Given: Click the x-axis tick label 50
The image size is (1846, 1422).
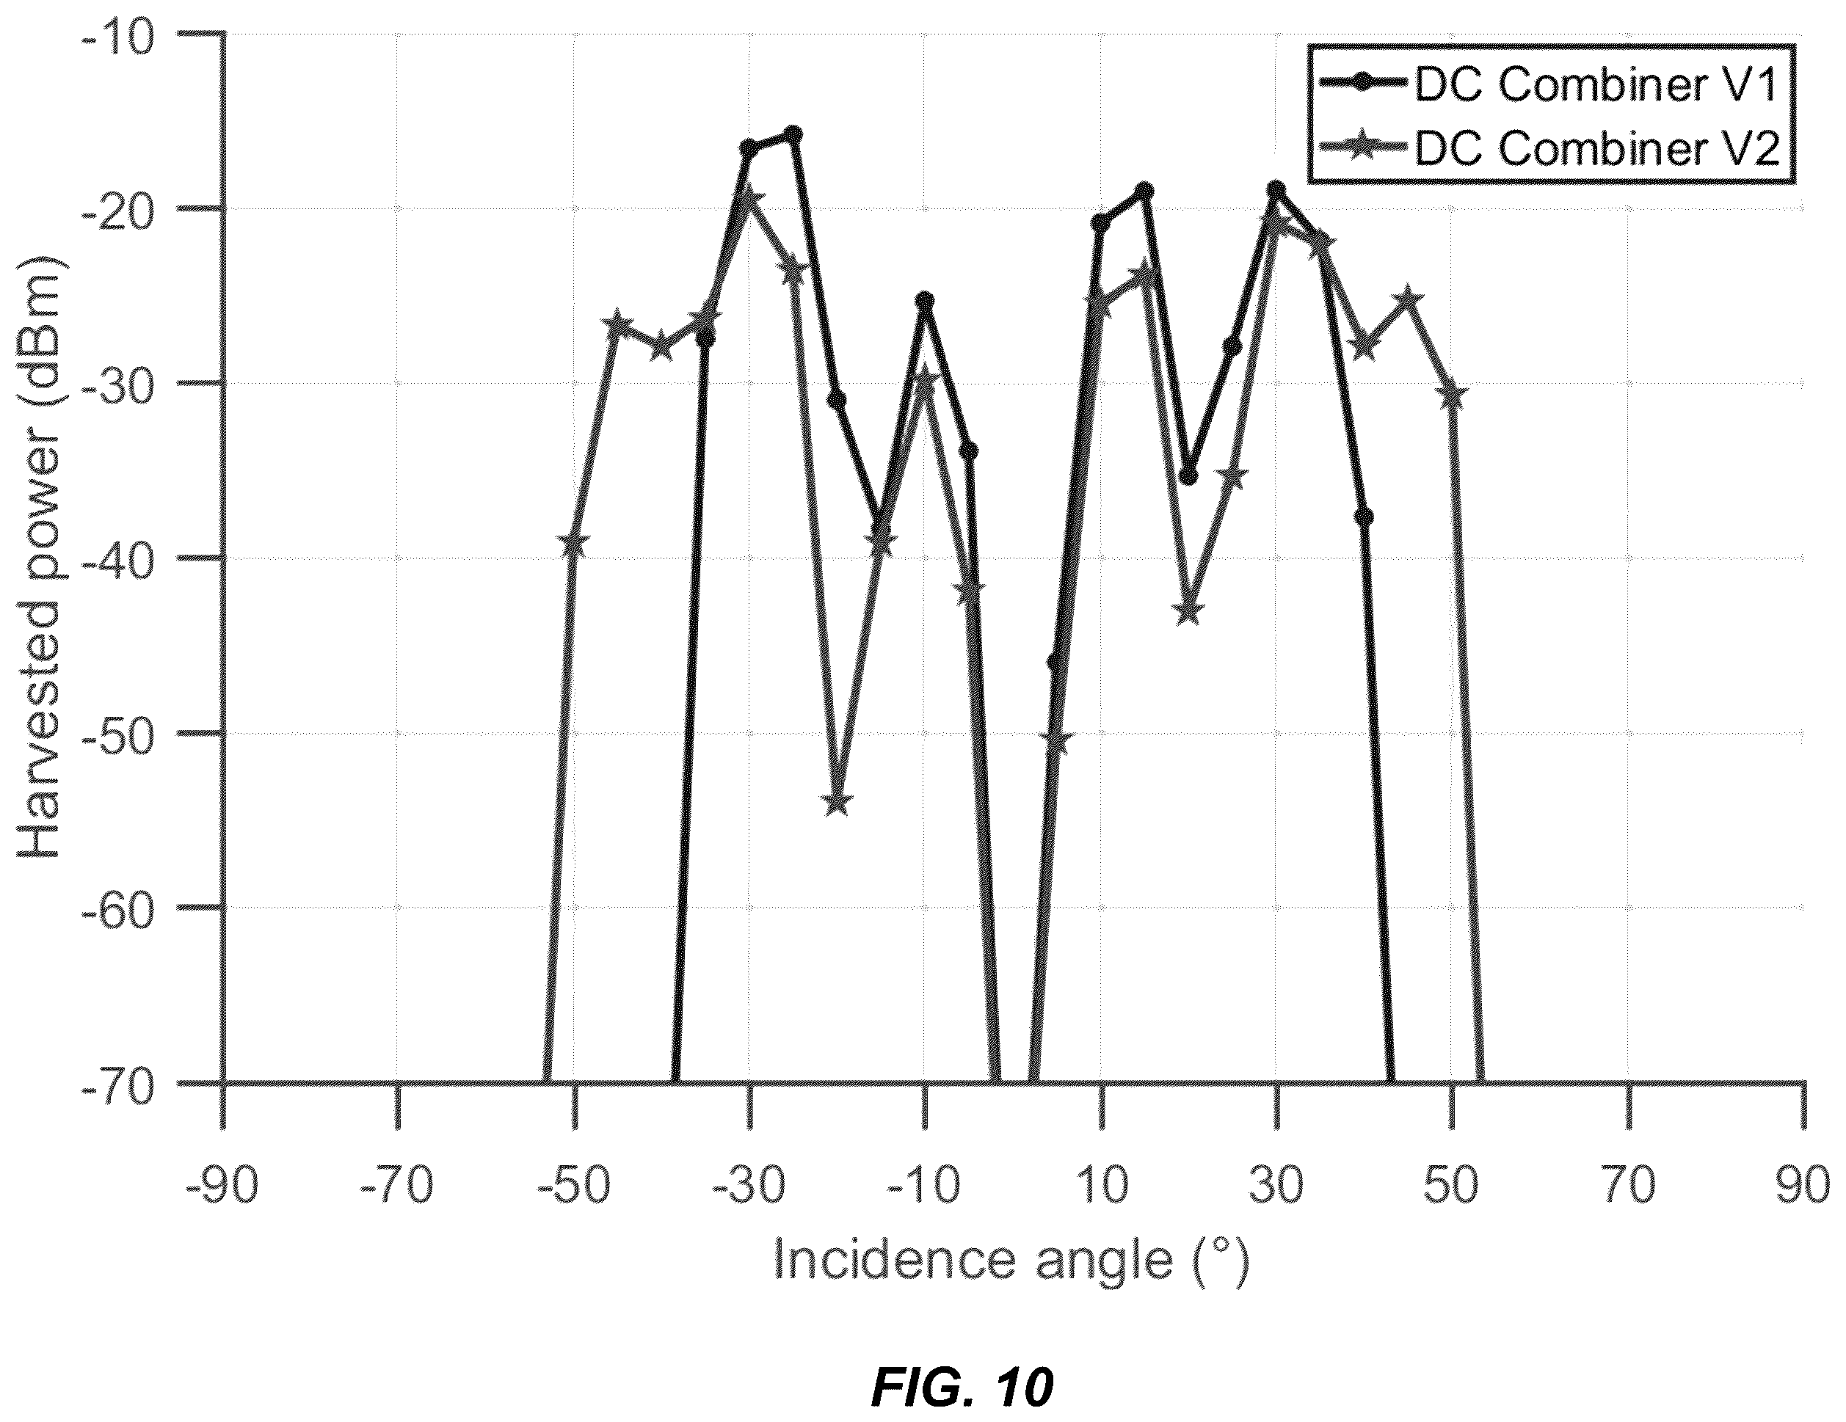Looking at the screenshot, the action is click(1451, 1186).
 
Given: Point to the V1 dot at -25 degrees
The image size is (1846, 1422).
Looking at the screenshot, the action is click(793, 135).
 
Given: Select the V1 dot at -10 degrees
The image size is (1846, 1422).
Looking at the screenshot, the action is click(926, 301).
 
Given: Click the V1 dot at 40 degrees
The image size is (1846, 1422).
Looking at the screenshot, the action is click(1363, 517).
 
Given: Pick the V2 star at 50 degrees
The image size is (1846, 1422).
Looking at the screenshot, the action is click(1451, 395).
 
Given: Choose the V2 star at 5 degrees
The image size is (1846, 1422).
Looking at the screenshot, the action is click(1058, 741).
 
